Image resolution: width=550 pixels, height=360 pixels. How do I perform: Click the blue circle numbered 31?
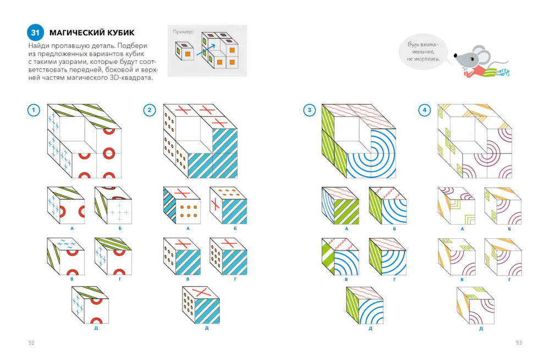coord(35,32)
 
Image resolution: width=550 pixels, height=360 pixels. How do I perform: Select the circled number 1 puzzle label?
coord(34,110)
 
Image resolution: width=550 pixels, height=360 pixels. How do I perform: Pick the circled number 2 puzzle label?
coord(150,110)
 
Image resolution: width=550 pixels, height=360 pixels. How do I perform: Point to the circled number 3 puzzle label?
coord(309,110)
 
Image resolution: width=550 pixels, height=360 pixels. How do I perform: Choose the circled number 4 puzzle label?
coord(425,110)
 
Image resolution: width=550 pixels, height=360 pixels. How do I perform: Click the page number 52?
coord(31,343)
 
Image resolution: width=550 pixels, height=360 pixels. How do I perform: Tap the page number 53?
coord(519,343)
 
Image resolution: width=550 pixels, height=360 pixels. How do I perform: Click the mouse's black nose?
coord(455,56)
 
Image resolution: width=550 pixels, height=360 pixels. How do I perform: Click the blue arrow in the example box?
coord(206,50)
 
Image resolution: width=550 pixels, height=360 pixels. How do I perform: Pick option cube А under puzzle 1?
coord(66,205)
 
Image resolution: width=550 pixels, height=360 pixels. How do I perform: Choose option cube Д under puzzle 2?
coord(201,305)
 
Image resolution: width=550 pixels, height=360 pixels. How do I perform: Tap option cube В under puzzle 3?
coord(340,257)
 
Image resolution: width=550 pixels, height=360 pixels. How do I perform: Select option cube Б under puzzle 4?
coord(503,206)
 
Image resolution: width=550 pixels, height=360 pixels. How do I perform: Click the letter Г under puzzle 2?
coord(235,279)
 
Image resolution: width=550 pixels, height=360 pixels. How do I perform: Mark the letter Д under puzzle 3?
coord(370,329)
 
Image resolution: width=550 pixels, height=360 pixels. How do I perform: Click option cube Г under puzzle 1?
coord(113,257)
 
